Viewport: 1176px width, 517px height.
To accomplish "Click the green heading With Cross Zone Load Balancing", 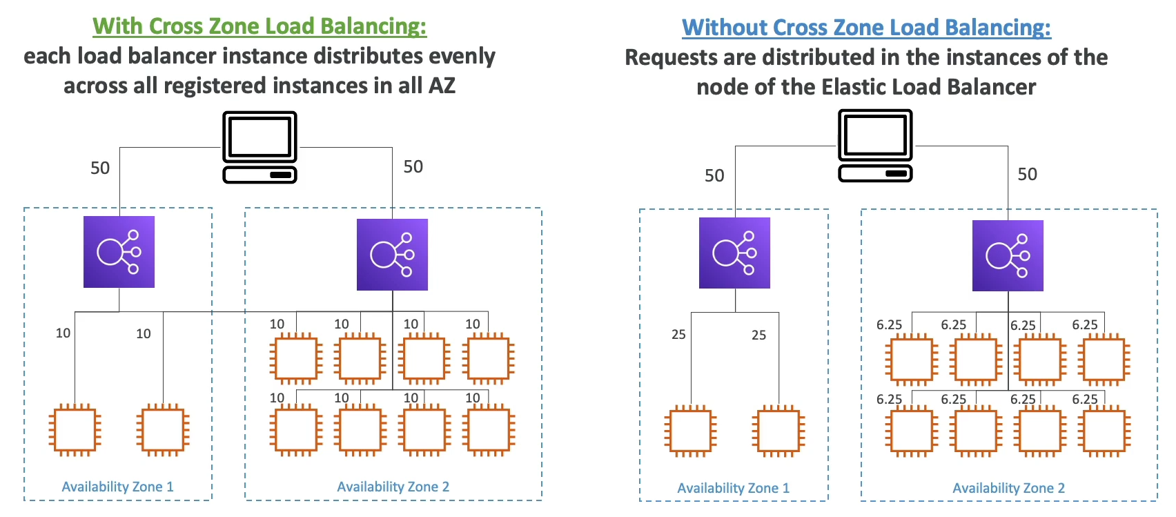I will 259,26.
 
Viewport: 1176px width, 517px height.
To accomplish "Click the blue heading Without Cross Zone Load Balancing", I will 866,28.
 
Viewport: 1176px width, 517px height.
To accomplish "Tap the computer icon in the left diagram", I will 259,147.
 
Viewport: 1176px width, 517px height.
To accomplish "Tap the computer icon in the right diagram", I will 875,146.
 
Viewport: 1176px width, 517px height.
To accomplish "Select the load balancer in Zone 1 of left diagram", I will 119,252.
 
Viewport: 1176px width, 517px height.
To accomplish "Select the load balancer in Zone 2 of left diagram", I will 392,255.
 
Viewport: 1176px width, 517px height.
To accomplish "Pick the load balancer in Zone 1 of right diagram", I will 734,253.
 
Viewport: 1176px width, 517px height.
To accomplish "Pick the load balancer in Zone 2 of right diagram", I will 1008,256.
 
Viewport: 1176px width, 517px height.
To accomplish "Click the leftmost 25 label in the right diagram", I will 678,335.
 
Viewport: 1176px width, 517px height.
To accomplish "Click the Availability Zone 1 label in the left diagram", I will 117,487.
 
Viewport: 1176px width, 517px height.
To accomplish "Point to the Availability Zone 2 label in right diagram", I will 1008,488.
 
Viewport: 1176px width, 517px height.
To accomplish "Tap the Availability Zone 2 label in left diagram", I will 393,487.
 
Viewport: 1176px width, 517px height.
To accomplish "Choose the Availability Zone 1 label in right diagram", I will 733,488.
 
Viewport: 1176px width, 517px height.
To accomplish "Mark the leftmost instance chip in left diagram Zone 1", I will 75,430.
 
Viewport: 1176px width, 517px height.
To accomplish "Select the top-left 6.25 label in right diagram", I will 889,325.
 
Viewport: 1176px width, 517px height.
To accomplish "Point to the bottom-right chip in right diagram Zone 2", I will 1104,431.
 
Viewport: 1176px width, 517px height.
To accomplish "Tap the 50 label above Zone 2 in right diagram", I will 1027,174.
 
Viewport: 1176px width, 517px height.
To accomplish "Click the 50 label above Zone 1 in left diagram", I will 100,168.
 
